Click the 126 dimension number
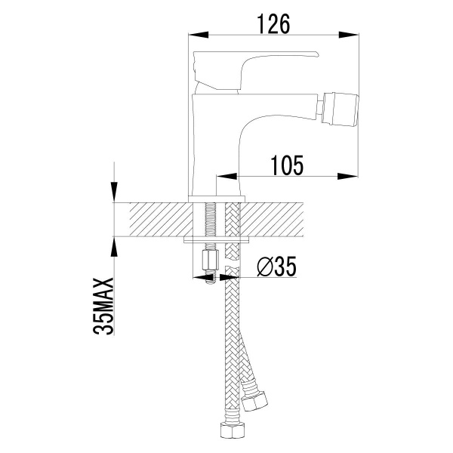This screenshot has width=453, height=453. pyautogui.click(x=273, y=23)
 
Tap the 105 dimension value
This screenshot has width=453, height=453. pyautogui.click(x=286, y=165)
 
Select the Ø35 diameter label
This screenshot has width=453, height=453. pyautogui.click(x=276, y=267)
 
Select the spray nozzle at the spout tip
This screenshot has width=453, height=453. pyautogui.click(x=336, y=108)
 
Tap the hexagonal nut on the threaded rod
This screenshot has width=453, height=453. pyautogui.click(x=209, y=262)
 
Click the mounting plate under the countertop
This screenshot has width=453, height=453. pyautogui.click(x=218, y=241)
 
